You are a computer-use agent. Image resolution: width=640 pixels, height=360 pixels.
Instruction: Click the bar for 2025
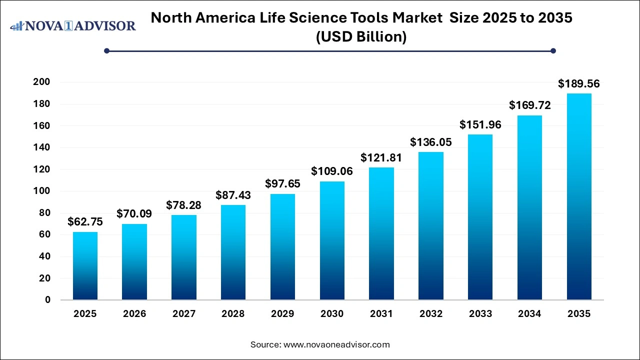pos(85,266)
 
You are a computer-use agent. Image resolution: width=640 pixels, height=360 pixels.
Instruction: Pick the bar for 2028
pos(233,252)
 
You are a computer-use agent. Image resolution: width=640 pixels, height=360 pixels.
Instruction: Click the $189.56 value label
pos(578,83)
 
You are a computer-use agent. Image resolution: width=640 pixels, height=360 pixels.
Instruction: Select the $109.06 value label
pos(332,171)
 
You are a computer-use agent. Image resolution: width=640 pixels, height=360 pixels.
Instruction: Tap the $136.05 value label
pos(430,142)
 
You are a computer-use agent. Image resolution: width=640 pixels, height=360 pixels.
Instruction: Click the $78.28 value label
pos(184,205)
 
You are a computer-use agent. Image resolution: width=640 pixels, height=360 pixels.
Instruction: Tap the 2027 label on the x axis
pos(184,314)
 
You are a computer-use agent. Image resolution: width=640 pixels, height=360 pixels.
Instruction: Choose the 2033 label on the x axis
pos(480,314)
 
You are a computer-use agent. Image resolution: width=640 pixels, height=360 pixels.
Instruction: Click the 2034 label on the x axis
pos(529,314)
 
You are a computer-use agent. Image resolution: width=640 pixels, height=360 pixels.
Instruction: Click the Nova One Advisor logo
pos(73,25)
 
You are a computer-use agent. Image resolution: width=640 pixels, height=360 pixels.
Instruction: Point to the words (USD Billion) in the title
pos(361,37)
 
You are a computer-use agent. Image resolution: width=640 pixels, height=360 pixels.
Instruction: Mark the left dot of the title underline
pos(106,50)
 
